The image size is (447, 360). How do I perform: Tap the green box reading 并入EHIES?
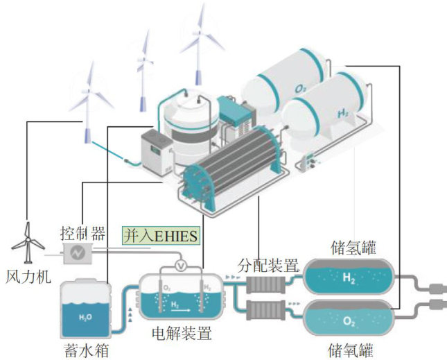click(x=161, y=236)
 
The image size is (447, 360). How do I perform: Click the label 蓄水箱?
click(x=84, y=346)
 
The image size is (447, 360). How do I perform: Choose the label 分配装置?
click(x=268, y=265)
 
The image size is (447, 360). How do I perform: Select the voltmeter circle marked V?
click(x=182, y=265)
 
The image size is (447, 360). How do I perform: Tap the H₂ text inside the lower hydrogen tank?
click(x=349, y=278)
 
